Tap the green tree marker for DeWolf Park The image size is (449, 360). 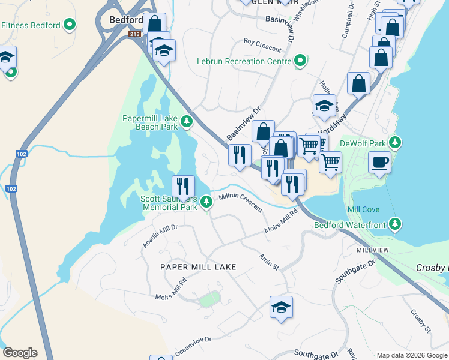coord(395,142)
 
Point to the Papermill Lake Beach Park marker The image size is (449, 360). coord(187,122)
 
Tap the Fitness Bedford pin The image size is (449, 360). coord(70,25)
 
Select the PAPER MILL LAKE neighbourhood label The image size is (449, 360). coord(198,266)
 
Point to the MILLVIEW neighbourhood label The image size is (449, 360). coord(373,250)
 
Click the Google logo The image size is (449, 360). coord(20,353)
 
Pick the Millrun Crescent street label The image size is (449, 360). coord(241,201)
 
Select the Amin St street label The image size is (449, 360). coord(269,261)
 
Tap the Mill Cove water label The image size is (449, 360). coord(362,209)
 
